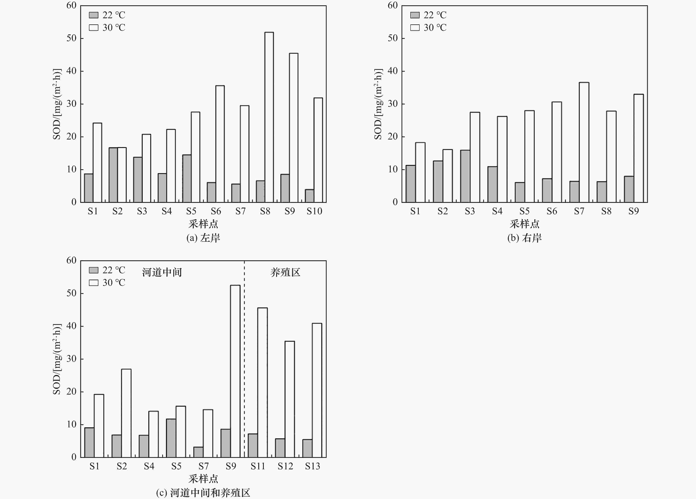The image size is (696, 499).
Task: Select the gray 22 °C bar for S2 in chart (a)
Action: (113, 175)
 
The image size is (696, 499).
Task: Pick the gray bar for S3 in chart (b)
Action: (465, 176)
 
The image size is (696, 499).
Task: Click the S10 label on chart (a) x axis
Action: (314, 211)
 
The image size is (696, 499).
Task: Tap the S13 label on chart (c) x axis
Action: (312, 466)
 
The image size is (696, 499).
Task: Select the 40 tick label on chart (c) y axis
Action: (72, 326)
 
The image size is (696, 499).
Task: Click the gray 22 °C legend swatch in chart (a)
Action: (94, 15)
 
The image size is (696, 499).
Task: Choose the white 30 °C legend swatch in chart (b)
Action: (415, 28)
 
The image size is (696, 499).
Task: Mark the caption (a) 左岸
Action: (203, 238)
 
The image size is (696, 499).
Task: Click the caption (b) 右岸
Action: (524, 238)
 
